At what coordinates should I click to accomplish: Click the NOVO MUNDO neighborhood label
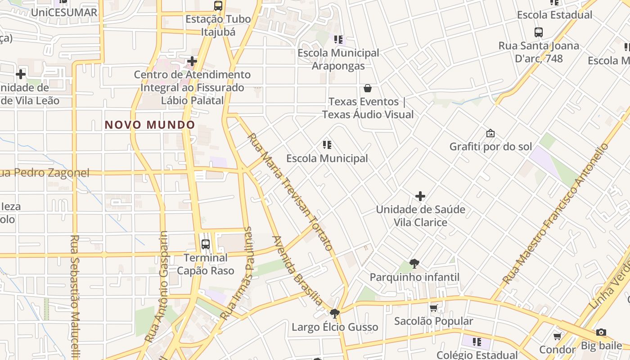tap(150, 125)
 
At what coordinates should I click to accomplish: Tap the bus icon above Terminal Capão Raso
tap(206, 244)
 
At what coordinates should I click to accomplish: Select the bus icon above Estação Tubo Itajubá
tap(218, 6)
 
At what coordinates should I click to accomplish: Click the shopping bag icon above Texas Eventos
tap(368, 88)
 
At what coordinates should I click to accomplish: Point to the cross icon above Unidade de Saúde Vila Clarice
tap(420, 196)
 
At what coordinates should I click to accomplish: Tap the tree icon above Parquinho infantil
tap(414, 264)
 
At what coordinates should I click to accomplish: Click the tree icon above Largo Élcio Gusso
tap(334, 313)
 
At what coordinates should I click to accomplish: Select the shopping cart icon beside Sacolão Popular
tap(434, 308)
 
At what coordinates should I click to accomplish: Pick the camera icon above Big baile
tap(601, 333)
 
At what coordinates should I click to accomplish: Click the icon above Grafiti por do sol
tap(490, 134)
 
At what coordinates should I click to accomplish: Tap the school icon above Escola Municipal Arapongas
tap(338, 40)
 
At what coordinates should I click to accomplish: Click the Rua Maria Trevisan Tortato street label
tap(290, 191)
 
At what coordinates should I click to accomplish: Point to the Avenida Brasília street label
tap(297, 270)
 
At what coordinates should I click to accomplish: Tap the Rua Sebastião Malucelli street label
tap(75, 295)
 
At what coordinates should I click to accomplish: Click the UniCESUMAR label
tap(64, 12)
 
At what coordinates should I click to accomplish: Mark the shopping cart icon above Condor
tap(557, 336)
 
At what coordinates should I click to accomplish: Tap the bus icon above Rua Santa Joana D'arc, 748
tap(539, 32)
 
